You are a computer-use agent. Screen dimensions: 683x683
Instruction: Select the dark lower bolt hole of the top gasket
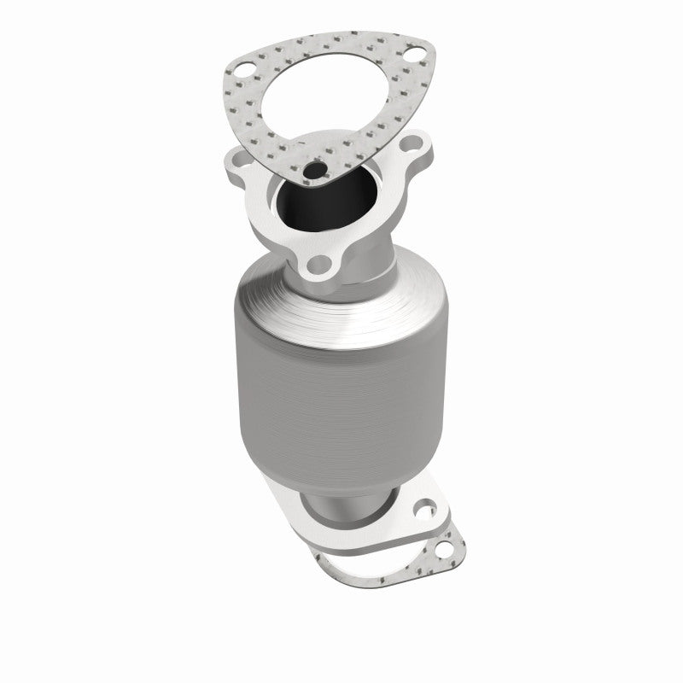316,170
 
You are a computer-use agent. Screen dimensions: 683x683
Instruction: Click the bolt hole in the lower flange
422,513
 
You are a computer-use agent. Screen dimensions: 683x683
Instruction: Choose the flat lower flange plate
376,529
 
